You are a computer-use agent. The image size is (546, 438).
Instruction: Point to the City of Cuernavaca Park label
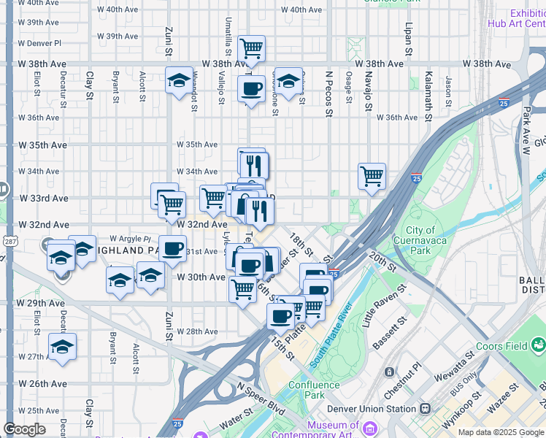click(x=420, y=241)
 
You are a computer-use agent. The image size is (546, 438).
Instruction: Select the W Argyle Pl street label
click(x=130, y=239)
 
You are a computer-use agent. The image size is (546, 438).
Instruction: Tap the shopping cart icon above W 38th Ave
click(x=251, y=49)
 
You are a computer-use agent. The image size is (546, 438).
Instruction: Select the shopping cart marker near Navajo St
click(x=372, y=176)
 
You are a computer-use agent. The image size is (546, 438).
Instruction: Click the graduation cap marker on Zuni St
click(x=179, y=82)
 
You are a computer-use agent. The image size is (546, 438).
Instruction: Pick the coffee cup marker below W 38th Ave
click(x=251, y=89)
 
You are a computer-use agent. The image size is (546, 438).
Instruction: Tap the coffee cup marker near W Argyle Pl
click(x=172, y=249)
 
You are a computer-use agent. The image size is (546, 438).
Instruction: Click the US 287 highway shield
click(x=7, y=241)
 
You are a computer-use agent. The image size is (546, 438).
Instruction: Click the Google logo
click(x=24, y=429)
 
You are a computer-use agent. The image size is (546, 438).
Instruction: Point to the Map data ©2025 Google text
click(x=501, y=432)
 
